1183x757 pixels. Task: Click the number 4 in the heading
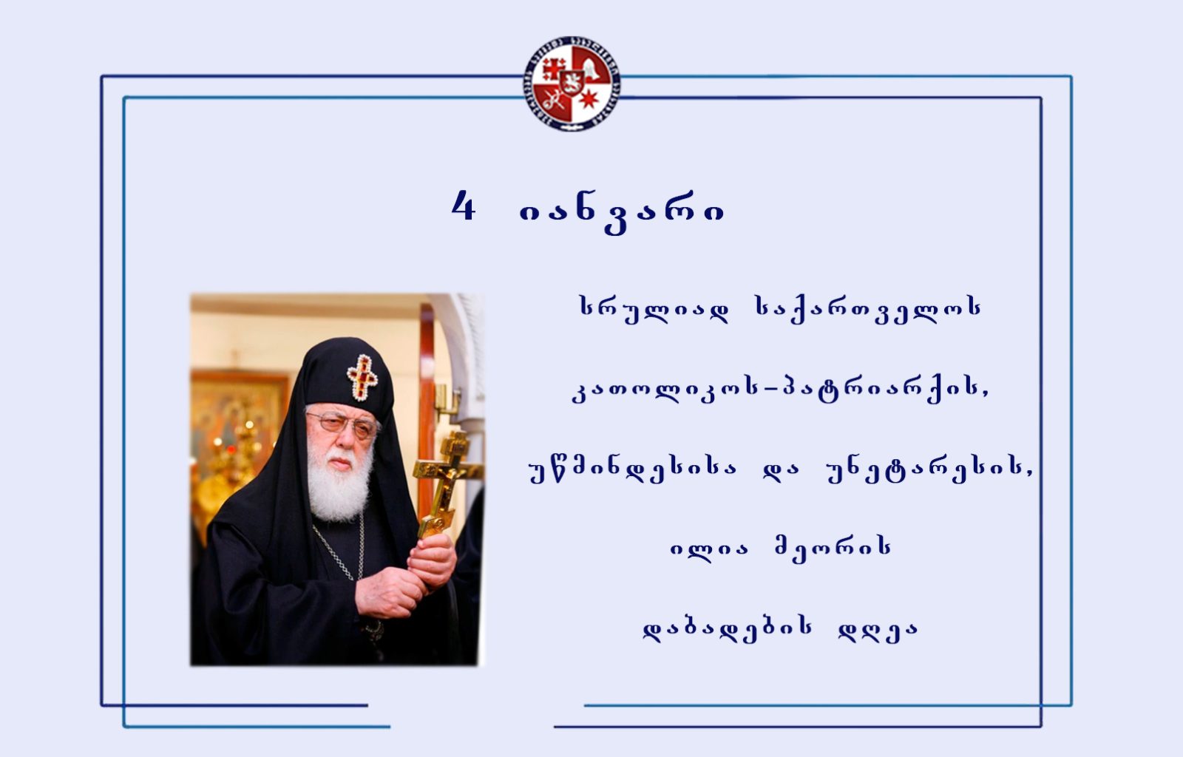(463, 206)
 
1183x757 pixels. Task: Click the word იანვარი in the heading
(622, 212)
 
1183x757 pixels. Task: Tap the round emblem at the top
(572, 84)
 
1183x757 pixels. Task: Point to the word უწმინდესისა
(632, 469)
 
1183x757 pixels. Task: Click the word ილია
(709, 549)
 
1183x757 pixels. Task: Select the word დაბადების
(728, 629)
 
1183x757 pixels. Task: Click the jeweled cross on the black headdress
(362, 378)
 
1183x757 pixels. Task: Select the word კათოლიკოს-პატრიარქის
(780, 390)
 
